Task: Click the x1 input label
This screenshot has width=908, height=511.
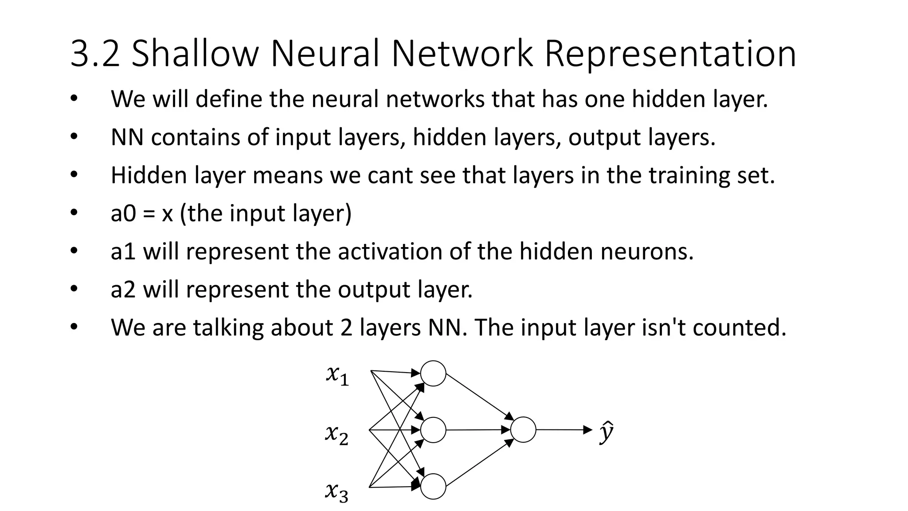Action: (337, 376)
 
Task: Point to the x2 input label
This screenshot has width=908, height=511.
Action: (337, 434)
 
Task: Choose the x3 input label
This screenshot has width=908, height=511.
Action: (337, 492)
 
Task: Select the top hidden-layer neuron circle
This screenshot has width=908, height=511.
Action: (433, 373)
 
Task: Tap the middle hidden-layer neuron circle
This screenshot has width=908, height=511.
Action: (433, 430)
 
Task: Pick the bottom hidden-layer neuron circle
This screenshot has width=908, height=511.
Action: (433, 487)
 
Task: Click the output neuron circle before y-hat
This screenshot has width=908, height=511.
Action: (523, 430)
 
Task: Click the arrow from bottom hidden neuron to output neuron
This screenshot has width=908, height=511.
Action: (479, 462)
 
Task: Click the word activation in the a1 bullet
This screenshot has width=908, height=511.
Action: (390, 252)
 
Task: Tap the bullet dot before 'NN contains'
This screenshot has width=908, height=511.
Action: (74, 137)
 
